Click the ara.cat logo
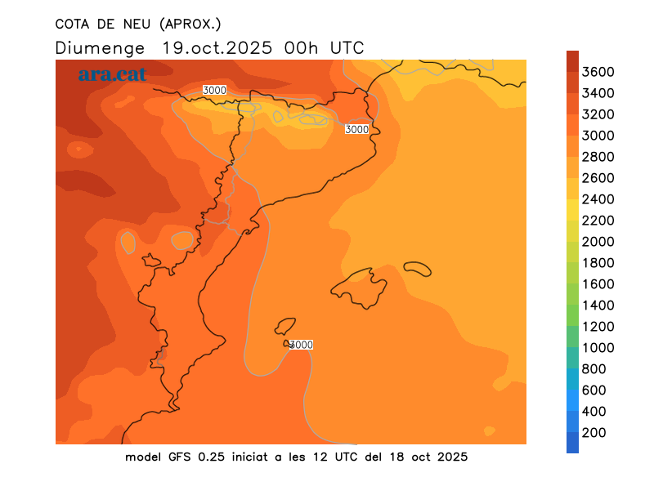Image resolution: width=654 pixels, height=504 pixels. [x=112, y=74]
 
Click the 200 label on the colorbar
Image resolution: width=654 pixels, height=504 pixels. [x=594, y=433]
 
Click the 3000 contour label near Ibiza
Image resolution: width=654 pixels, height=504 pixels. [x=302, y=345]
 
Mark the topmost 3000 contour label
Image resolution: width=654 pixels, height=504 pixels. [x=214, y=90]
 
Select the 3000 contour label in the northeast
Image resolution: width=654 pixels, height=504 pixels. [x=356, y=129]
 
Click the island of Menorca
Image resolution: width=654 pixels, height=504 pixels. [x=418, y=268]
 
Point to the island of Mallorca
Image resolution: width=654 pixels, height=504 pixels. [x=360, y=288]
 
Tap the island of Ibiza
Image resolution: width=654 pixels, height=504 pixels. [x=284, y=327]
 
